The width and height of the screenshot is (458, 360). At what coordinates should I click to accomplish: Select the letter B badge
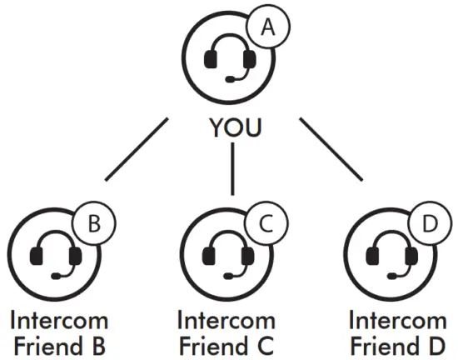tap(94, 223)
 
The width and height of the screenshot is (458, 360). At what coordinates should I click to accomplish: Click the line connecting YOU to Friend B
tap(135, 151)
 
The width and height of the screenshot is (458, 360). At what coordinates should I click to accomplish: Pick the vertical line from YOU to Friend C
tap(233, 167)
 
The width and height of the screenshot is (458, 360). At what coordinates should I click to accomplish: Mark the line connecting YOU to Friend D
tap(331, 150)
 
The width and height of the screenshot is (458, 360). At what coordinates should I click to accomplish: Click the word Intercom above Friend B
tap(59, 320)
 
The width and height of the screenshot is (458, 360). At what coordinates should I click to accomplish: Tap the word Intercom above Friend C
tap(226, 320)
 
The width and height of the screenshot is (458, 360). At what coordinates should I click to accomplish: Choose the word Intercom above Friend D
tap(397, 320)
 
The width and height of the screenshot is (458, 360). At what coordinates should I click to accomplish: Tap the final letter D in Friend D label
tap(437, 344)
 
